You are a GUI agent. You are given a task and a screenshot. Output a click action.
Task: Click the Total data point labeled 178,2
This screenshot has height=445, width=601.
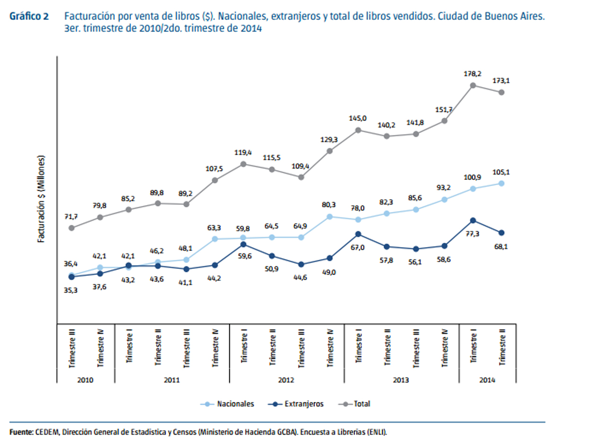(x=473, y=85)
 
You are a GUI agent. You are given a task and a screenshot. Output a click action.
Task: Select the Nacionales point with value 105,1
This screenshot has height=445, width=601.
(x=502, y=183)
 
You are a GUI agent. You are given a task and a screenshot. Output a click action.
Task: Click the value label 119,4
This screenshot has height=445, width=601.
(x=243, y=152)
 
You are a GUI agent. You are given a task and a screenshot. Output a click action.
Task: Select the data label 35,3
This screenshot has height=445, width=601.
(x=71, y=290)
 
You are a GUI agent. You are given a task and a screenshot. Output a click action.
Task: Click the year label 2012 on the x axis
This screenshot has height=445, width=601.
(x=286, y=380)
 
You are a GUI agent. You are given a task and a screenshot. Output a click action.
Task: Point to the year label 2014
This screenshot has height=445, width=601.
(x=487, y=380)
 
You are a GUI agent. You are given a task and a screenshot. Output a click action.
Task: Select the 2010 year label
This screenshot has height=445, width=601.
(x=86, y=380)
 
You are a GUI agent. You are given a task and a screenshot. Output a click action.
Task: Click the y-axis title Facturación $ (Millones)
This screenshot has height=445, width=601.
(x=41, y=199)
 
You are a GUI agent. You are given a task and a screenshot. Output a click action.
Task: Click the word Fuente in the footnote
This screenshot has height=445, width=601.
(x=21, y=432)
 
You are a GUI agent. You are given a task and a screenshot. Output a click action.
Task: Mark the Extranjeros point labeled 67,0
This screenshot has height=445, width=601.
(x=358, y=234)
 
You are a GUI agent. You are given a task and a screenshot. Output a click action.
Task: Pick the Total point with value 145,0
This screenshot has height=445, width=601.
(x=358, y=130)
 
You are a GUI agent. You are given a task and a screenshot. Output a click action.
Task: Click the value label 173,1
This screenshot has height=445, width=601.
(x=502, y=81)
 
